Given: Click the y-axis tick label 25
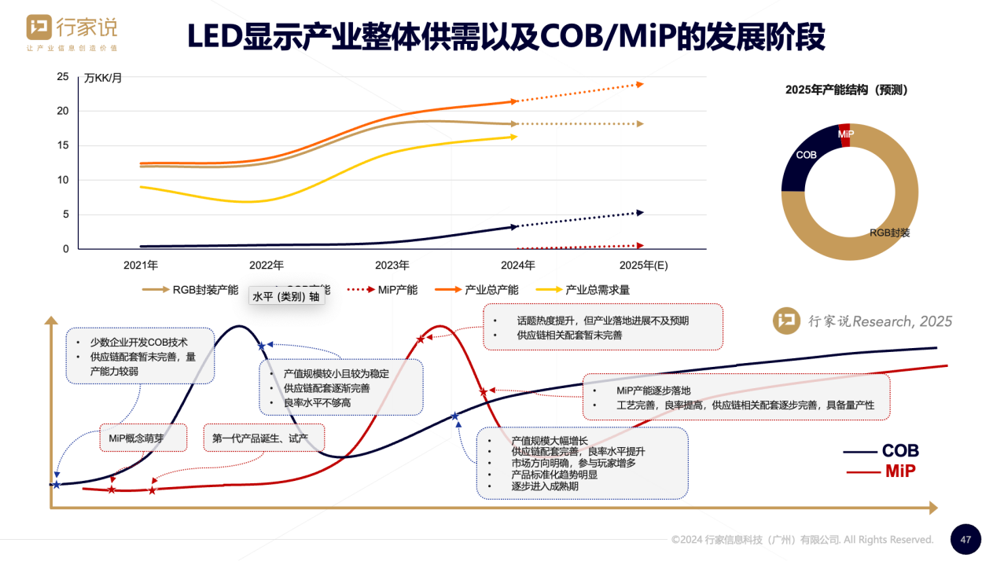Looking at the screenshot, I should (x=63, y=77).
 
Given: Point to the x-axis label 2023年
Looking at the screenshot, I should (x=392, y=266).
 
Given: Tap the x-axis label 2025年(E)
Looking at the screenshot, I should (x=643, y=266).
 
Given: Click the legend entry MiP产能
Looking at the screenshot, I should (x=397, y=290).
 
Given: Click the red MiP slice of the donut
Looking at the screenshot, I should (x=845, y=134).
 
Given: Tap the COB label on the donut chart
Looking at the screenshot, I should (x=806, y=156).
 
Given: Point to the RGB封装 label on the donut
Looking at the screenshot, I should (x=889, y=233).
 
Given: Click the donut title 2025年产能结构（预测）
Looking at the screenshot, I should (x=846, y=90).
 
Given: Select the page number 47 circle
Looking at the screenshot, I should (x=965, y=540).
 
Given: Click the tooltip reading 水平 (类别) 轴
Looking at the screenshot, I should (x=285, y=296).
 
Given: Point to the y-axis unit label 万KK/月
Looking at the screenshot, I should (x=102, y=78).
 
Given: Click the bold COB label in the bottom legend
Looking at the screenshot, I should (x=900, y=451).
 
